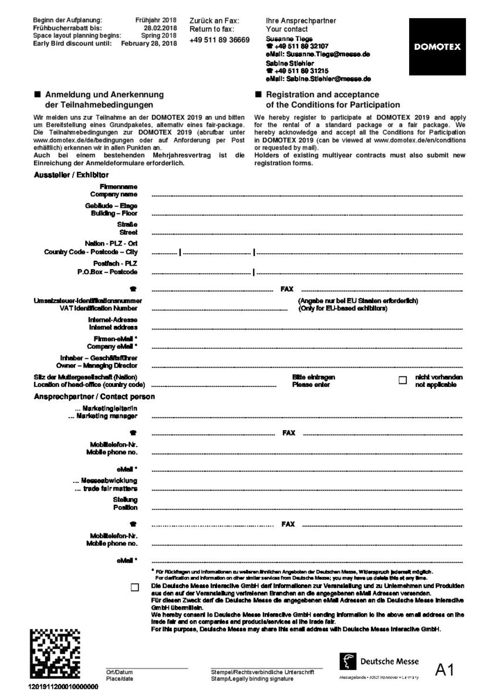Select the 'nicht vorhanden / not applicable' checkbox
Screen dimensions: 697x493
coord(403,380)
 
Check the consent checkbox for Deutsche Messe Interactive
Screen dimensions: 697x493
coord(136,587)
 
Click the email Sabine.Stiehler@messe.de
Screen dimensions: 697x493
coord(318,79)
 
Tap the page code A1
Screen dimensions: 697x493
coord(445,670)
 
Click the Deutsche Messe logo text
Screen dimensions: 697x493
coord(389,661)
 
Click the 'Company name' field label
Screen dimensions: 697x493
coord(114,193)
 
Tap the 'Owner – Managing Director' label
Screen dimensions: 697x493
coord(103,365)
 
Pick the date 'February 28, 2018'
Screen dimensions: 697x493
coord(148,43)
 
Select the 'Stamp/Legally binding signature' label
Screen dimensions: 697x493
coord(252,678)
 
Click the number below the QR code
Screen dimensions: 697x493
coord(63,686)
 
